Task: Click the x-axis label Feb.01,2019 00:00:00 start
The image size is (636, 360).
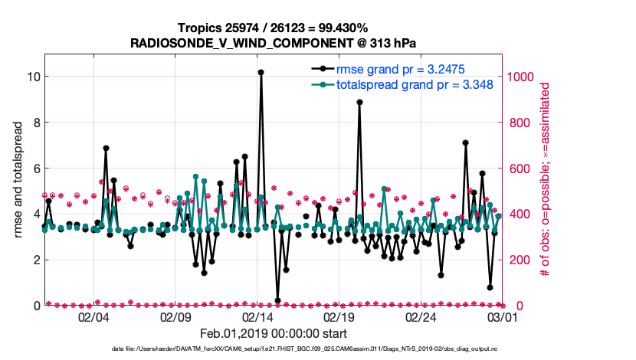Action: pyautogui.click(x=273, y=334)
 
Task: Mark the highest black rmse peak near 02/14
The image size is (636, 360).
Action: pyautogui.click(x=261, y=72)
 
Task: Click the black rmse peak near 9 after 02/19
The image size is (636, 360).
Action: pyautogui.click(x=359, y=102)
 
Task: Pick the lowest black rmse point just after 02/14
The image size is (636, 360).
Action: pyautogui.click(x=277, y=300)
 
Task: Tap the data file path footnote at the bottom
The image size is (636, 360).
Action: pyautogui.click(x=273, y=349)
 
